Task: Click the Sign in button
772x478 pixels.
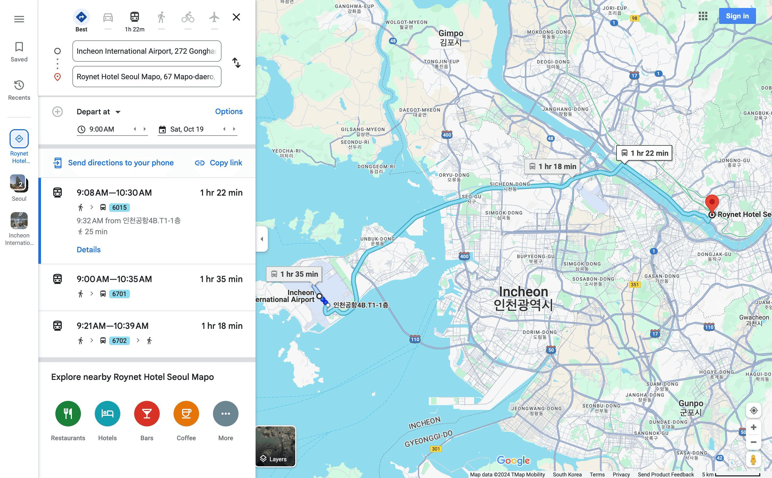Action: [x=737, y=16]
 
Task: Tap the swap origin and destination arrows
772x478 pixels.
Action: [x=236, y=62]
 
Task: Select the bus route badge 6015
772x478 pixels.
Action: [x=119, y=207]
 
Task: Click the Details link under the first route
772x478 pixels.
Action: [x=88, y=250]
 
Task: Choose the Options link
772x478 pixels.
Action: [x=228, y=112]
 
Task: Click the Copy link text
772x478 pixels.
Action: [x=225, y=163]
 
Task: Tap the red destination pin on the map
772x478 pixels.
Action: [x=712, y=203]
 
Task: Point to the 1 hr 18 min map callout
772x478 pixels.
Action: [x=553, y=167]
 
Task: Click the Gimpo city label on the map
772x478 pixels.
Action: [x=450, y=37]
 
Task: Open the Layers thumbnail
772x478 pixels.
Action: [x=275, y=446]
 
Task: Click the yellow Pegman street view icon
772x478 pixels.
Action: [x=753, y=460]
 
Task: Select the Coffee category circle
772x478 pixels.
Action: [x=186, y=413]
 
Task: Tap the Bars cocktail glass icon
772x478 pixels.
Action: [x=147, y=413]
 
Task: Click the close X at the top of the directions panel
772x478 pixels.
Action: [x=236, y=17]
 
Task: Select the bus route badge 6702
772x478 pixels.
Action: [x=119, y=341]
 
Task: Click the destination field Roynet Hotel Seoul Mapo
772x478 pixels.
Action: [x=147, y=77]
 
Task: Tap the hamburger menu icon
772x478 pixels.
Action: [x=19, y=19]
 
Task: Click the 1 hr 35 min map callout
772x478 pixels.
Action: [x=294, y=274]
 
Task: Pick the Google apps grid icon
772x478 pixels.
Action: [x=703, y=16]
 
